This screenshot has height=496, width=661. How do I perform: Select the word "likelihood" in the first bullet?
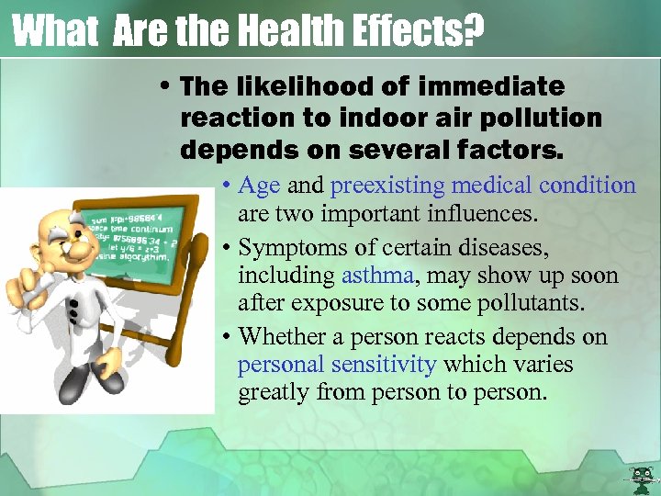click(x=298, y=86)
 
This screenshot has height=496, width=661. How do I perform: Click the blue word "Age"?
click(x=259, y=186)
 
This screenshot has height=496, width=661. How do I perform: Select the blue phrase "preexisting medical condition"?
click(x=483, y=186)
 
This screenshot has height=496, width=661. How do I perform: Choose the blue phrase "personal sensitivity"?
click(x=336, y=364)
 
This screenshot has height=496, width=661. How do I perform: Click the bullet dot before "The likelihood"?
click(x=167, y=87)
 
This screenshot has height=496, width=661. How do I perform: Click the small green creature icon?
click(x=640, y=477)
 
